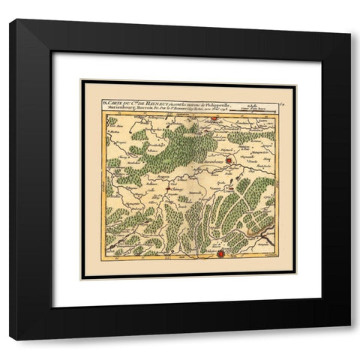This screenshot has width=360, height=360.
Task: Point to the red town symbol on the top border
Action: [214, 117]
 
